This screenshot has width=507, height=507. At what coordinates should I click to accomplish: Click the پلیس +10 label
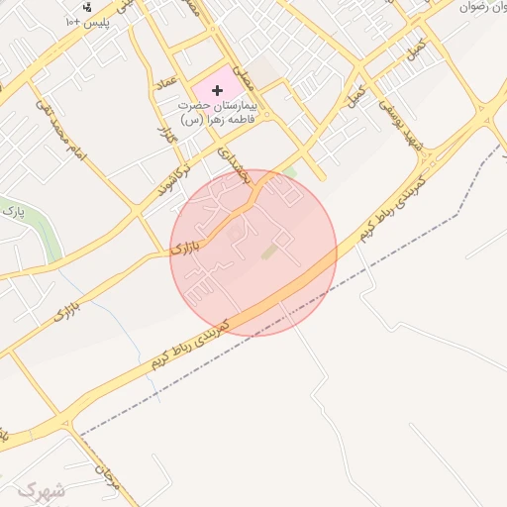[x=87, y=21]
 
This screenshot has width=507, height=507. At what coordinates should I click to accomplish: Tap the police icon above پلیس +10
[x=86, y=6]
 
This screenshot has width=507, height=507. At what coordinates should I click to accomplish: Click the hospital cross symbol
[x=218, y=90]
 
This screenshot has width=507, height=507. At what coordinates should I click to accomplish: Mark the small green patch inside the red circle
[x=269, y=253]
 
